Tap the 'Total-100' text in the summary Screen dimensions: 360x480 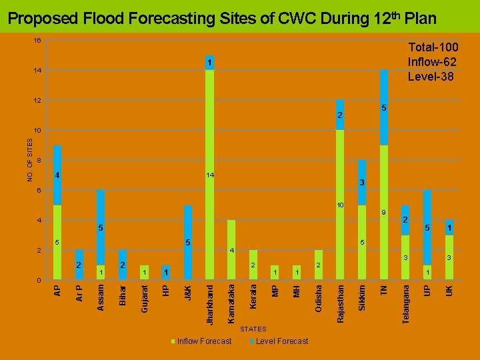tap(432, 48)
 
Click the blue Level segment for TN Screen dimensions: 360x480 tap(383, 107)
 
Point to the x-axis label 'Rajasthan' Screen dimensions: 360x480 tap(341, 303)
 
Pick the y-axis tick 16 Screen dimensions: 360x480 tap(37, 41)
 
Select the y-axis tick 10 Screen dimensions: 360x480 tap(37, 130)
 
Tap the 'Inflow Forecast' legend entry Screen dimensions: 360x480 tap(204, 341)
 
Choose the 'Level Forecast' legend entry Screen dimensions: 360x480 tap(281, 341)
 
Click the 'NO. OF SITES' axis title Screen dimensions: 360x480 tap(30, 160)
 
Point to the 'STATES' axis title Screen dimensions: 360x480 tap(253, 329)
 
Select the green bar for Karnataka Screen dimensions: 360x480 tap(231, 250)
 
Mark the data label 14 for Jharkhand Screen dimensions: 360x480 tap(210, 175)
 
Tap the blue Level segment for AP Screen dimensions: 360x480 tap(57, 175)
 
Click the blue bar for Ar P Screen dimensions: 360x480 tap(79, 265)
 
